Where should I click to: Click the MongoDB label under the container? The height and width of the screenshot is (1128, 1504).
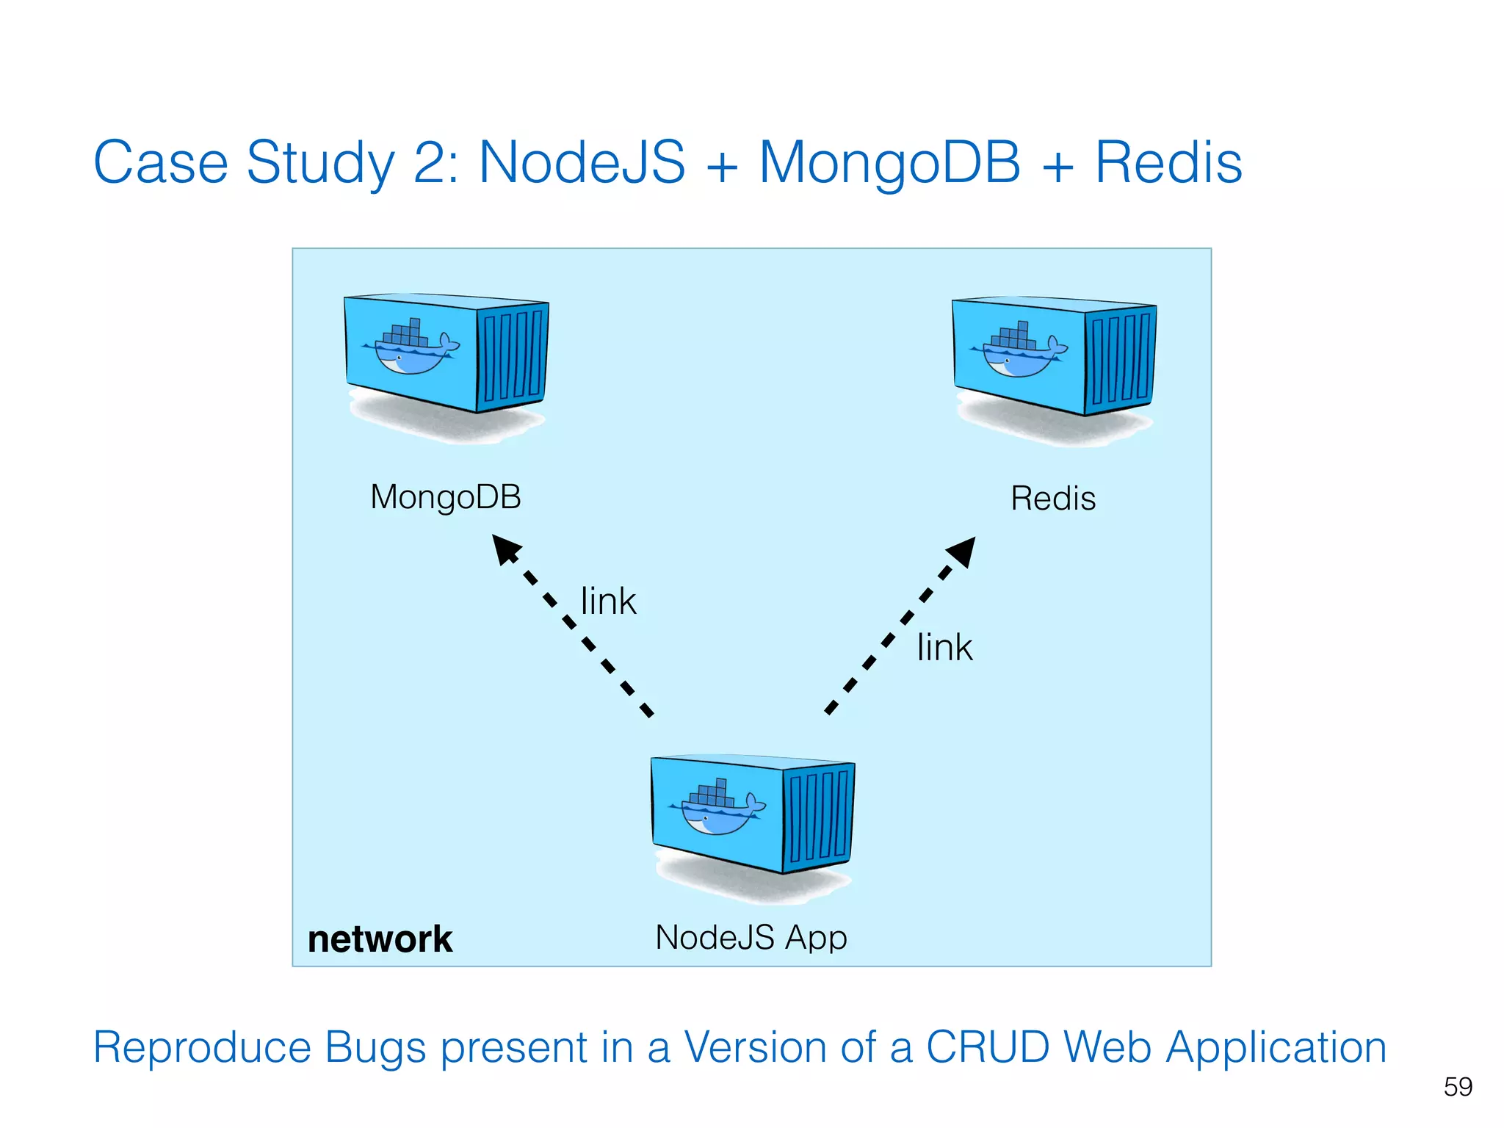446,497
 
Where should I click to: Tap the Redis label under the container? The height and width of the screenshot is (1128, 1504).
1052,499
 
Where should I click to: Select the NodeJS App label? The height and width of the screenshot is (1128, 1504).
751,937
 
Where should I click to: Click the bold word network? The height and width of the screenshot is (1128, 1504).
380,939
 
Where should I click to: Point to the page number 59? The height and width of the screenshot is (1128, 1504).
1457,1086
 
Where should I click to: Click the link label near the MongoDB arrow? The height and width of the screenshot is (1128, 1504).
607,601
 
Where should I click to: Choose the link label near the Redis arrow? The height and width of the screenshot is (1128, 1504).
944,648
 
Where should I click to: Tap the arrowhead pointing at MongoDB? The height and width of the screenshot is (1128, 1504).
505,549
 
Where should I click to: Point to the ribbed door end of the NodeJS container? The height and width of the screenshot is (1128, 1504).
818,817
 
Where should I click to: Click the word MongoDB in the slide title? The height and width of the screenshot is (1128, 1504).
889,162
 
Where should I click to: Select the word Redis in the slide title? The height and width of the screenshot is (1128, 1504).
1168,162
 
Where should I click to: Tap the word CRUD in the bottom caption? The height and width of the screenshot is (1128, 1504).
987,1046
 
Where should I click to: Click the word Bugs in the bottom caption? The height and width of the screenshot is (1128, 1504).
375,1048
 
